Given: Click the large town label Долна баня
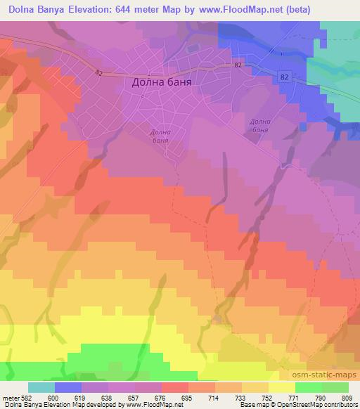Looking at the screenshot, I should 162,82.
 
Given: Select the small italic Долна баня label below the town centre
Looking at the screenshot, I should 160,136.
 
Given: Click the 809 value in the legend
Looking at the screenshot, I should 349,397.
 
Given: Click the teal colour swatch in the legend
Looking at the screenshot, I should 41,387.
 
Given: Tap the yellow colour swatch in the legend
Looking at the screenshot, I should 282,387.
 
